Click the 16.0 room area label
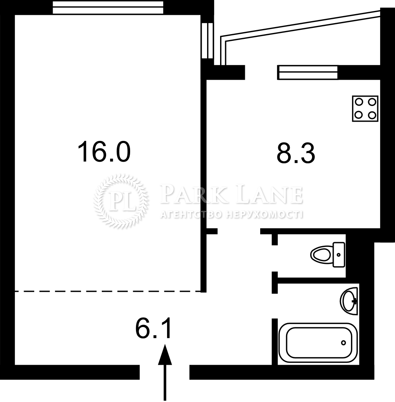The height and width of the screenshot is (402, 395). [x=104, y=152]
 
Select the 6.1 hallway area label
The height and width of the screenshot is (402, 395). [x=153, y=329]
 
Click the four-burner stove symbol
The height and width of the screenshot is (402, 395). [x=365, y=108]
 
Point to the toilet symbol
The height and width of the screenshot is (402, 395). [x=327, y=254]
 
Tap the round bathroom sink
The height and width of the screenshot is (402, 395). [x=349, y=301]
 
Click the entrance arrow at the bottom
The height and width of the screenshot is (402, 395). [x=165, y=372]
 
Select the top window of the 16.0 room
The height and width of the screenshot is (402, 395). [x=108, y=7]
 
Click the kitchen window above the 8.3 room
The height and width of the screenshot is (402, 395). [x=307, y=72]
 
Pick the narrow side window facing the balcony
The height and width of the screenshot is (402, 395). [x=207, y=40]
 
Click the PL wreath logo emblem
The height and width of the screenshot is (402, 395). [x=121, y=201]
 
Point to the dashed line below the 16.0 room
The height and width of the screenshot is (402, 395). [x=108, y=291]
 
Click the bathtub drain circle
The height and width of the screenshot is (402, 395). [x=343, y=342]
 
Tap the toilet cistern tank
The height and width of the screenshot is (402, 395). [x=339, y=254]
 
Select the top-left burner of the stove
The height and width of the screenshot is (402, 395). [x=358, y=102]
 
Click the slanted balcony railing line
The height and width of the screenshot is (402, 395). [x=300, y=24]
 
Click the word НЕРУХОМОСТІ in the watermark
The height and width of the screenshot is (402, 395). [x=265, y=215]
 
